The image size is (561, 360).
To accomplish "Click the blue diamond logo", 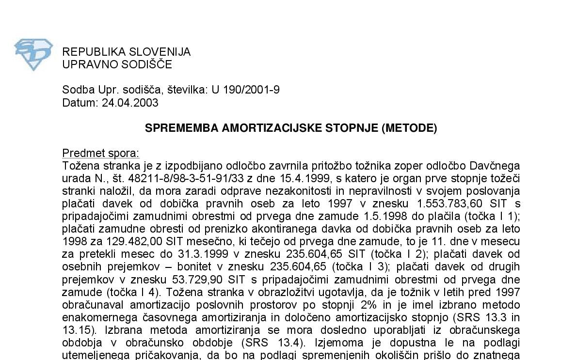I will click(x=33, y=54).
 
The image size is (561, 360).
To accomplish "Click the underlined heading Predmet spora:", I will click(x=100, y=154).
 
